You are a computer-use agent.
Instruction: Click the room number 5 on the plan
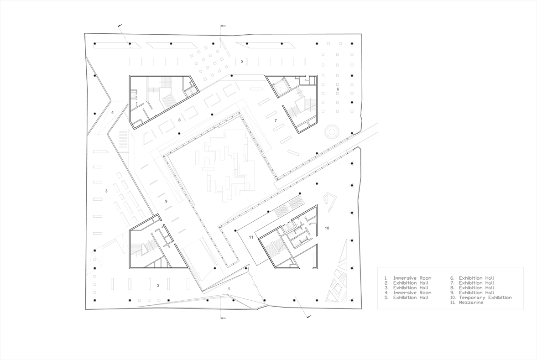[241, 61]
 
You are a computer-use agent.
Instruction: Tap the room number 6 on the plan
[338, 89]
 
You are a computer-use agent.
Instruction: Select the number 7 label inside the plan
[276, 120]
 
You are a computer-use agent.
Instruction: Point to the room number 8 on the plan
[179, 120]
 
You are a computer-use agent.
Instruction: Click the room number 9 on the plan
[166, 201]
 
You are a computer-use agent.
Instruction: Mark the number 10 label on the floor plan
[327, 228]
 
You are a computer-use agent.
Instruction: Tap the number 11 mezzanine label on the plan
[251, 237]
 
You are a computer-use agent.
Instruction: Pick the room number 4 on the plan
[112, 112]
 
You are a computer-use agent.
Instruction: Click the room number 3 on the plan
[106, 191]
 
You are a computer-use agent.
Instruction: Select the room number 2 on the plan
[158, 285]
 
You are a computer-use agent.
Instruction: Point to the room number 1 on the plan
[229, 289]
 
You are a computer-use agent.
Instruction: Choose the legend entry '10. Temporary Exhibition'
[481, 297]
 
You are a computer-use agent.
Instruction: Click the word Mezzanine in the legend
[471, 303]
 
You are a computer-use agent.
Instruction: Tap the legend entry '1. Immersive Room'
[407, 278]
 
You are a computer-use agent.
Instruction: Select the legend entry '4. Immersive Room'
[407, 293]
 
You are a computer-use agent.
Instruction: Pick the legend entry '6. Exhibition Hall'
[472, 278]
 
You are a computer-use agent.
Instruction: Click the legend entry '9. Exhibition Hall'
[472, 293]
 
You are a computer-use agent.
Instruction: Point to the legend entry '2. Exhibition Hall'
[406, 283]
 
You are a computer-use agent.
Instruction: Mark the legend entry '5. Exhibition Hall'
[406, 297]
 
